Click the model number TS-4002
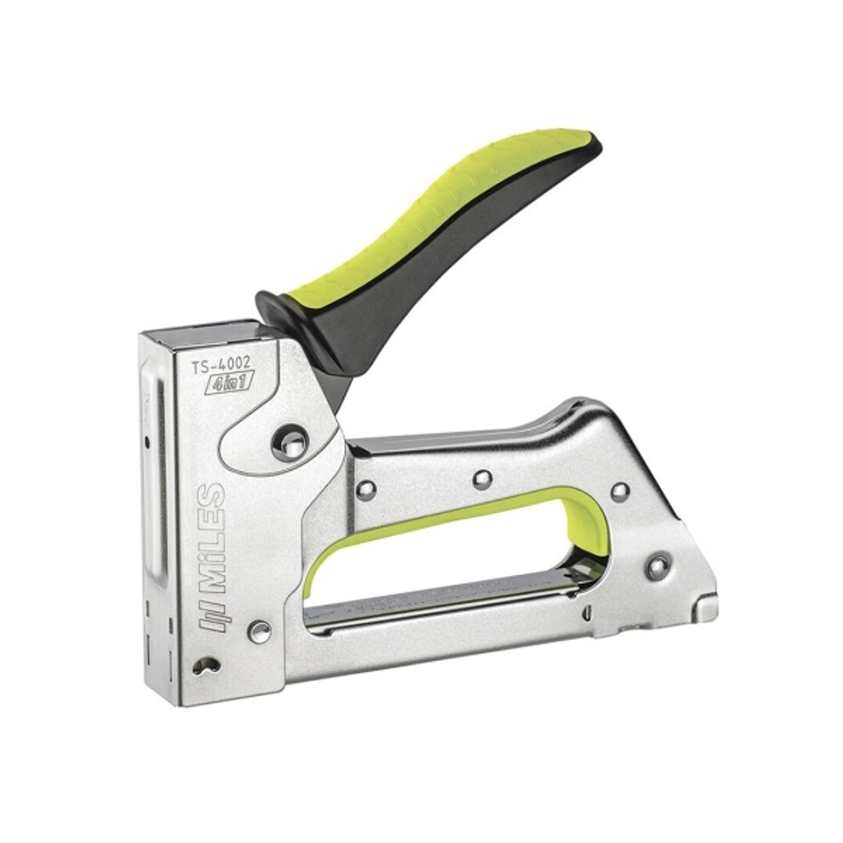tap(223, 365)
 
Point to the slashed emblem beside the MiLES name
tap(211, 615)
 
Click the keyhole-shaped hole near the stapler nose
tap(205, 665)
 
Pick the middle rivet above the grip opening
tap(482, 479)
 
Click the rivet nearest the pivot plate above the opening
tap(366, 490)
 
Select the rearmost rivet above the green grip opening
tap(620, 491)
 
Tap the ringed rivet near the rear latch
tap(658, 567)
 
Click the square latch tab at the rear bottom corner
tap(706, 608)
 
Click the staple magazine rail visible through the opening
tap(445, 598)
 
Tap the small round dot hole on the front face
tap(147, 442)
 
